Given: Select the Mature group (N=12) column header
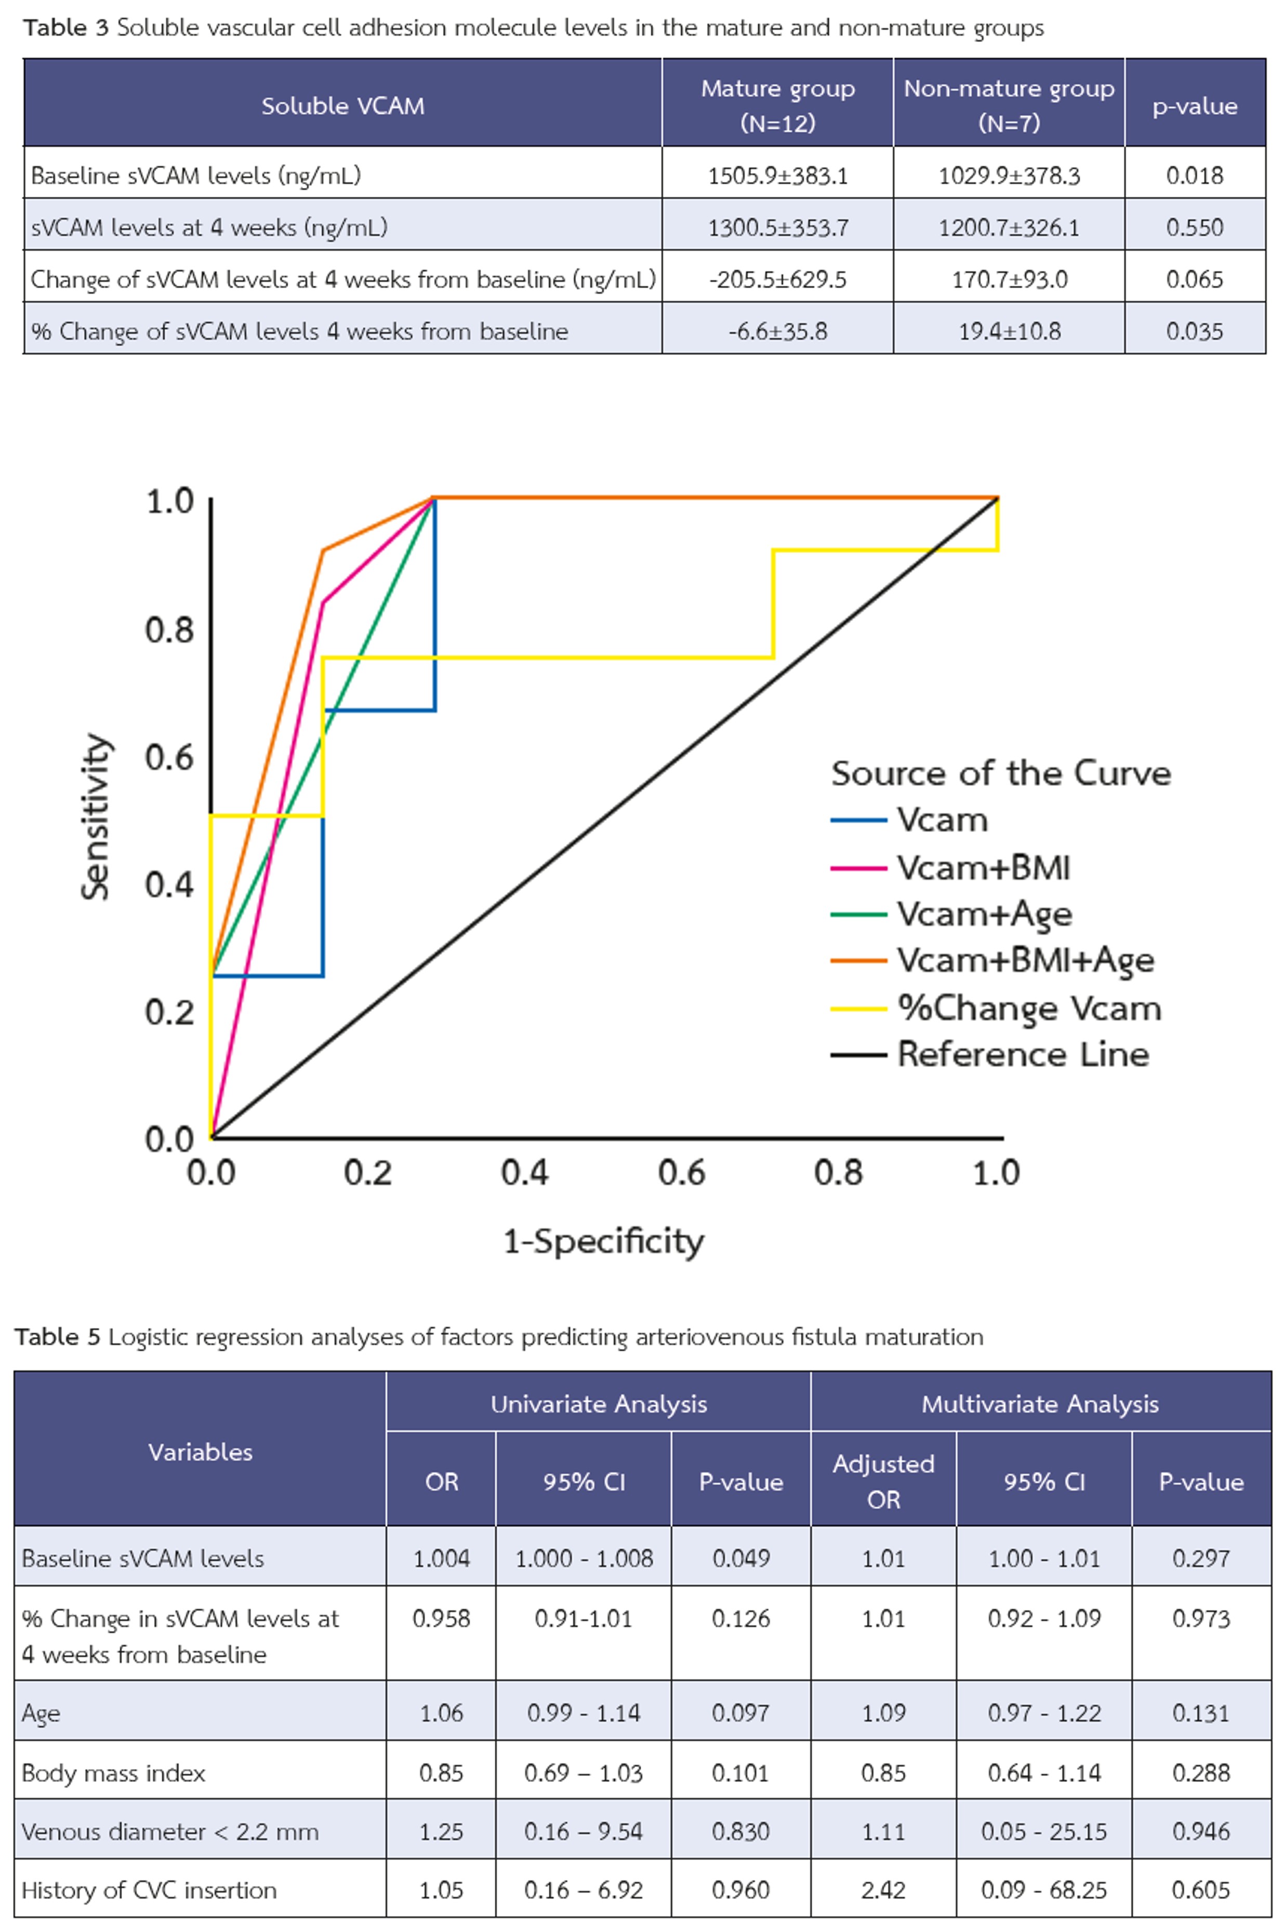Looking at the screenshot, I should point(777,105).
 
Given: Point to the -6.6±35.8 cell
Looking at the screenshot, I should point(777,331).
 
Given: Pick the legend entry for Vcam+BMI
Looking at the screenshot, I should point(982,868).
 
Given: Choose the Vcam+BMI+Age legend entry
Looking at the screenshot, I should point(1024,960).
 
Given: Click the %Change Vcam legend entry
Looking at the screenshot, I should point(1028,1008).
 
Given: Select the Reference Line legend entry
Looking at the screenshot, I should point(1022,1054).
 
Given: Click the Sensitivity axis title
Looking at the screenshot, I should point(96,815).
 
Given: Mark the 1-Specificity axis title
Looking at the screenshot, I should point(603,1241).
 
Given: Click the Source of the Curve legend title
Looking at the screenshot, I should point(1001,773).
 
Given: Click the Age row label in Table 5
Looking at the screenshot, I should point(41,1712).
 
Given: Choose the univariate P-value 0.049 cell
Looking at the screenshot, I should point(740,1558).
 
